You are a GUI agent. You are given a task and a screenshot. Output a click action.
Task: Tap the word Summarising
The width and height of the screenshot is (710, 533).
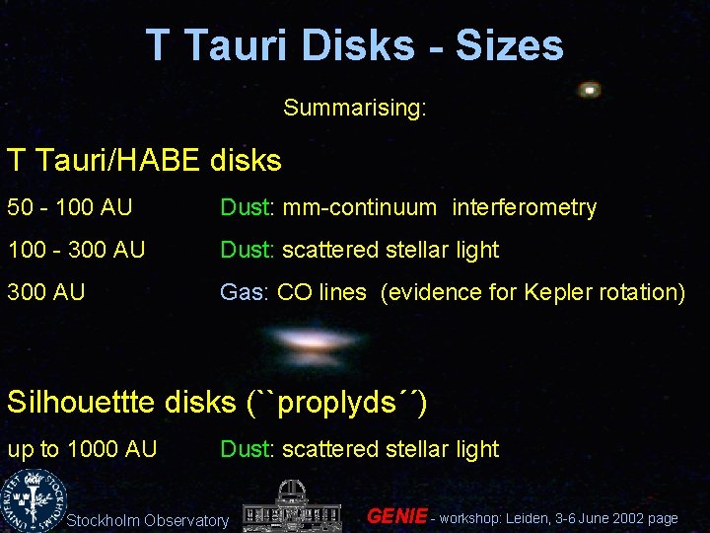coord(355,107)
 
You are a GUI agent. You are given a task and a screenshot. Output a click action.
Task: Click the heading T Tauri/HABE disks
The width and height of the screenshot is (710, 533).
coord(144,160)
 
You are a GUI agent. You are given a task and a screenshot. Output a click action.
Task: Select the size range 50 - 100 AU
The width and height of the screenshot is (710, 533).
coord(70,208)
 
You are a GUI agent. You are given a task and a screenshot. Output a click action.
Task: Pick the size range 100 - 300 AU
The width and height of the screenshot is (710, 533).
coord(76,251)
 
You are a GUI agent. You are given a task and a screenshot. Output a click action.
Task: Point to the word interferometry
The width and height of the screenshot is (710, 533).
coord(524,208)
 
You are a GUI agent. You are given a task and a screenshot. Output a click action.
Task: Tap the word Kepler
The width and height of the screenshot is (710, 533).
coord(544,293)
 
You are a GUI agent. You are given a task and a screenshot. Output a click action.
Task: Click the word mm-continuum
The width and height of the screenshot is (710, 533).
coord(359,208)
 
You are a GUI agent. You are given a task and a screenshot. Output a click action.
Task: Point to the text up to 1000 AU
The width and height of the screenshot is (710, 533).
coord(82,449)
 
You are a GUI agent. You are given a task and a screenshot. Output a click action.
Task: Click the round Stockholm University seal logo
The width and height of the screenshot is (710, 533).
coord(30,498)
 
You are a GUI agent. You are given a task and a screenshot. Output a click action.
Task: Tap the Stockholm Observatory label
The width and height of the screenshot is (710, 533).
coord(147,520)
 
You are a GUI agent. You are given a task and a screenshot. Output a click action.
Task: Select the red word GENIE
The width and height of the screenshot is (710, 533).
coord(396,516)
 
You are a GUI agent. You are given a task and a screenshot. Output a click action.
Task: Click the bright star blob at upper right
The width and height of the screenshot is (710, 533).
coord(590,90)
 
